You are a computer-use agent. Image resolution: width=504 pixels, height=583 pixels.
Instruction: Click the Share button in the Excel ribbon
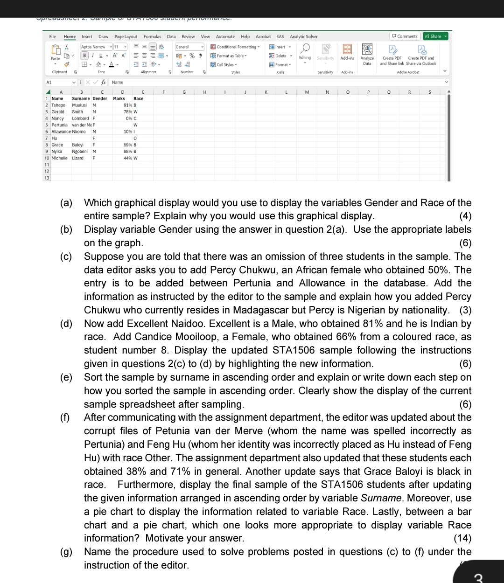435,36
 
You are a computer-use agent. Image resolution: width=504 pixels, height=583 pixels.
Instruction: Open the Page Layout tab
126,36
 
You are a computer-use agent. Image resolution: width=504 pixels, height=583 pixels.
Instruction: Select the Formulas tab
152,36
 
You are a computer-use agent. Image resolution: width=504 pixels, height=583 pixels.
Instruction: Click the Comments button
405,36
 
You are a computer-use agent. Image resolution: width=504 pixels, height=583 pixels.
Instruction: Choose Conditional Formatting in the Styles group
235,47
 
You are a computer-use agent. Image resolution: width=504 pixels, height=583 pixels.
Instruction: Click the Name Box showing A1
58,82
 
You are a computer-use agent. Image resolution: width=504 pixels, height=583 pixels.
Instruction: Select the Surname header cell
81,99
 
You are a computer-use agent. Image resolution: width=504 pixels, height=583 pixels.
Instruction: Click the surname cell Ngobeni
80,152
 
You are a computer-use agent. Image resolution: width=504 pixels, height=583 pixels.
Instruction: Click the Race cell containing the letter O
135,139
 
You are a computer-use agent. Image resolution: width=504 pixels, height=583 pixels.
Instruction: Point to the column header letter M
307,92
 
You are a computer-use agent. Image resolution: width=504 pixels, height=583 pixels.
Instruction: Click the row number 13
47,178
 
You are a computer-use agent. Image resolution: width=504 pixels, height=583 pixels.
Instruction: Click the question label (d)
66,324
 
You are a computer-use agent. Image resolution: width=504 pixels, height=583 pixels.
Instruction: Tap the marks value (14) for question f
462,538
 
